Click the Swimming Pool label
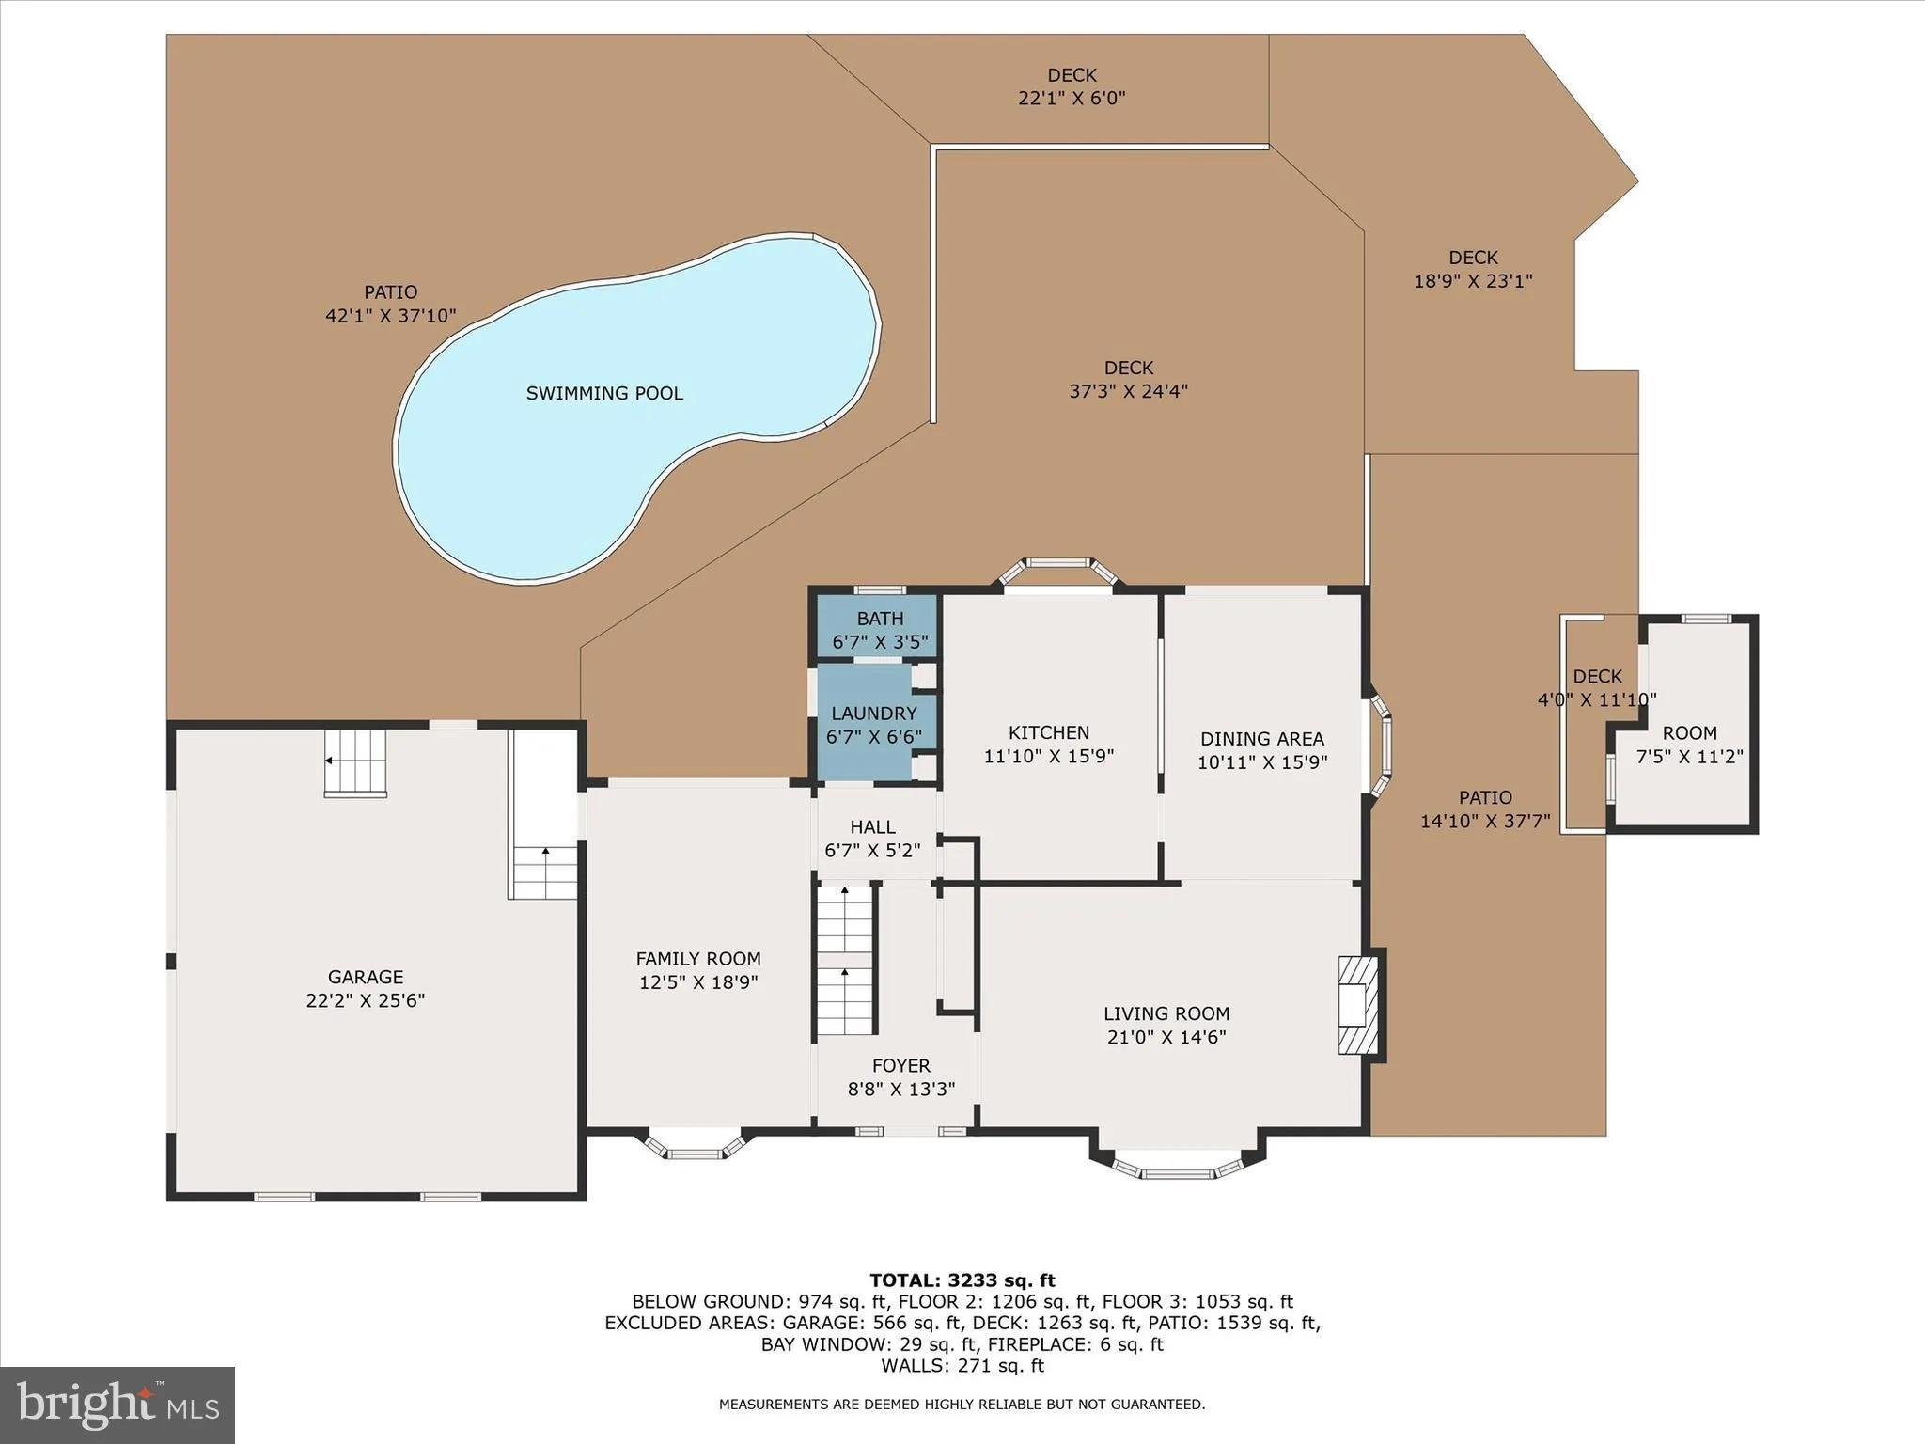[x=604, y=393]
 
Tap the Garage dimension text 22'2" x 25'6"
[x=365, y=1000]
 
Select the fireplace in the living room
[x=1358, y=1005]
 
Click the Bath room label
[x=880, y=619]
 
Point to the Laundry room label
[x=873, y=714]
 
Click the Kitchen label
[x=1049, y=732]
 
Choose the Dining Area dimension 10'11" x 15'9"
[x=1261, y=762]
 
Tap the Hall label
[x=872, y=827]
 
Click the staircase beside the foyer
[x=845, y=961]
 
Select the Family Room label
[x=698, y=959]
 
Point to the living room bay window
[x=1177, y=1166]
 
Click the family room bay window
[x=695, y=1146]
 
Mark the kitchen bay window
[x=1057, y=570]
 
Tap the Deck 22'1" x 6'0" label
[x=1072, y=86]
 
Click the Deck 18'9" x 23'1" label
[x=1473, y=269]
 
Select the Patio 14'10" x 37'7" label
[x=1485, y=808]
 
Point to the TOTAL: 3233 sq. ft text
[x=962, y=1279]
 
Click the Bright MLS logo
[x=117, y=1405]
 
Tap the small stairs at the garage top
[x=355, y=762]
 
